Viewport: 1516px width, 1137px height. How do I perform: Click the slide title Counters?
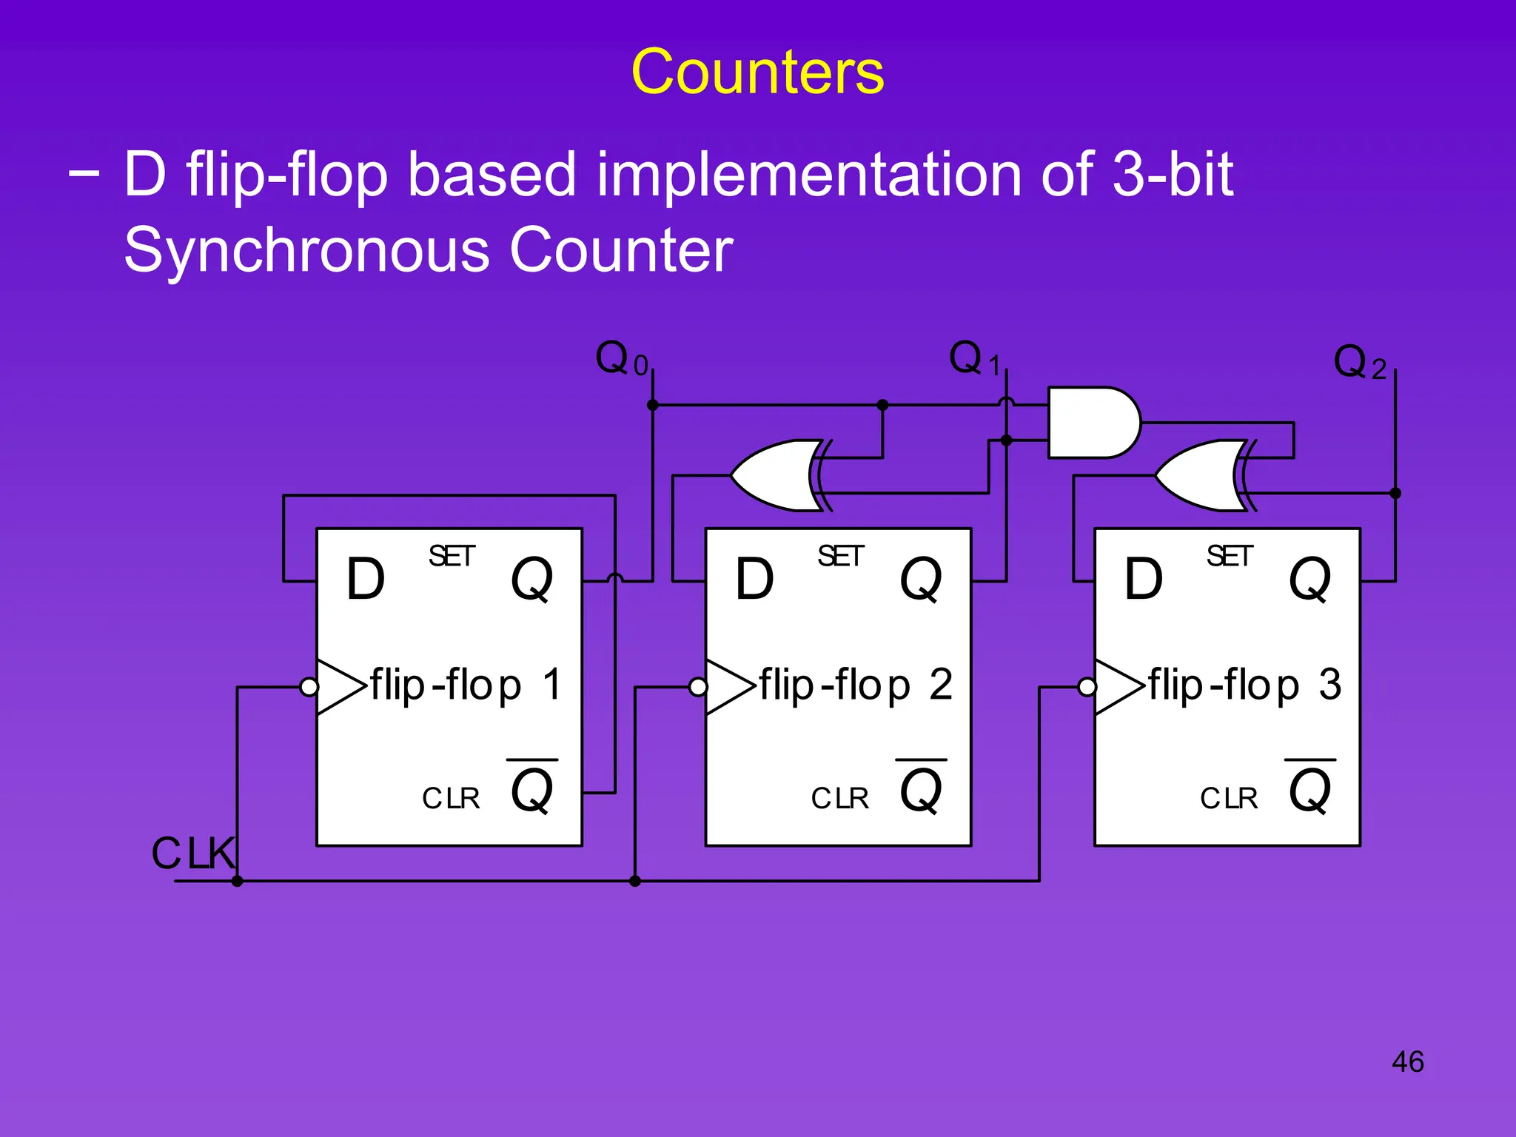point(757,72)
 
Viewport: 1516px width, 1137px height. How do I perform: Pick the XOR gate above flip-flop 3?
point(1200,475)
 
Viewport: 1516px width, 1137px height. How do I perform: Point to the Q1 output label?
point(974,360)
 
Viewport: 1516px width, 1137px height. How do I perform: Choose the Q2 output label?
point(1358,363)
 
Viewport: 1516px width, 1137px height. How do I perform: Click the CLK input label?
point(192,853)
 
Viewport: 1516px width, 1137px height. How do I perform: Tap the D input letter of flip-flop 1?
point(366,579)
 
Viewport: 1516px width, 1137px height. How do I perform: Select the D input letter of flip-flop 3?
point(1143,579)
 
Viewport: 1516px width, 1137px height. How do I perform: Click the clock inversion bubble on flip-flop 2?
point(698,688)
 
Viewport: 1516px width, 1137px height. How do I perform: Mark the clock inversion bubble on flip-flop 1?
point(309,688)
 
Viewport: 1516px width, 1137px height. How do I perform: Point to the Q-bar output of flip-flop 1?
point(531,788)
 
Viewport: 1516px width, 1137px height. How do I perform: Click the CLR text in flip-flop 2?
point(839,798)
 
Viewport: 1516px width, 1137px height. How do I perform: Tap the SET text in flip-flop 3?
point(1229,556)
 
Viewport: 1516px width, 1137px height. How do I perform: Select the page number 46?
point(1407,1061)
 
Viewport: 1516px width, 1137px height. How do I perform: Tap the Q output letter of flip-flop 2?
point(920,579)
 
